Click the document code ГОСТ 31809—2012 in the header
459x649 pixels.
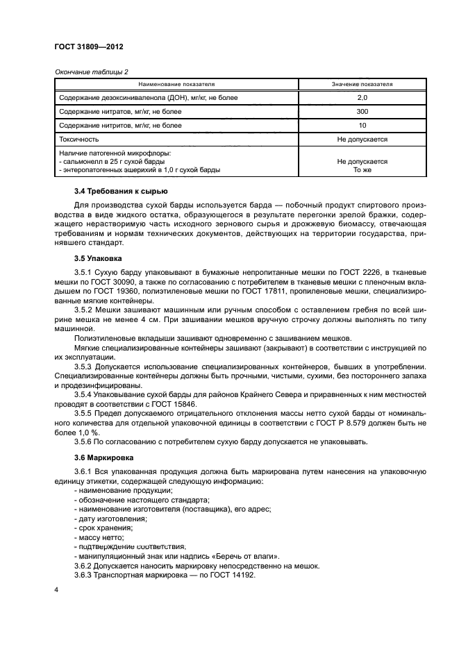(x=89, y=47)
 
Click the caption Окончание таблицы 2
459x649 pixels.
(x=90, y=71)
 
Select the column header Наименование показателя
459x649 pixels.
(x=176, y=84)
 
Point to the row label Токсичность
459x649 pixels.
(x=79, y=140)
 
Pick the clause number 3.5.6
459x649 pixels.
(x=85, y=442)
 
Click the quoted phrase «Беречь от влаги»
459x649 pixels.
(x=242, y=556)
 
